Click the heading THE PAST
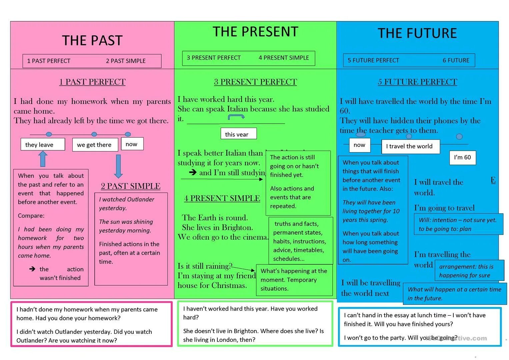coord(92,40)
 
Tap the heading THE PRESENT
coord(255,32)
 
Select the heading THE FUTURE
coord(417,33)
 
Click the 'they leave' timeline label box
coord(43,145)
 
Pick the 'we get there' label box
coord(95,145)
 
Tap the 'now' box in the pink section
coord(132,144)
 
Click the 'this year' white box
coord(238,134)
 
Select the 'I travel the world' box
coord(410,146)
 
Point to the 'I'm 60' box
coord(462,157)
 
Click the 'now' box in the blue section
coord(360,145)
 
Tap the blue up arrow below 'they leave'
coord(43,159)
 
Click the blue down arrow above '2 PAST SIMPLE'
coord(118,166)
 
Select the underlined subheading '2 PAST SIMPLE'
coord(131,186)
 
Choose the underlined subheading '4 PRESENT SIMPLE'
coord(222,198)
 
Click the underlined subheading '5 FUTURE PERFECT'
coord(417,82)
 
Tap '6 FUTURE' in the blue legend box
coord(456,60)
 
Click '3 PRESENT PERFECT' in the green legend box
coord(214,58)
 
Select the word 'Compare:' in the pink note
coord(31,216)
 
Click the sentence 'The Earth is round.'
coord(215,218)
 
